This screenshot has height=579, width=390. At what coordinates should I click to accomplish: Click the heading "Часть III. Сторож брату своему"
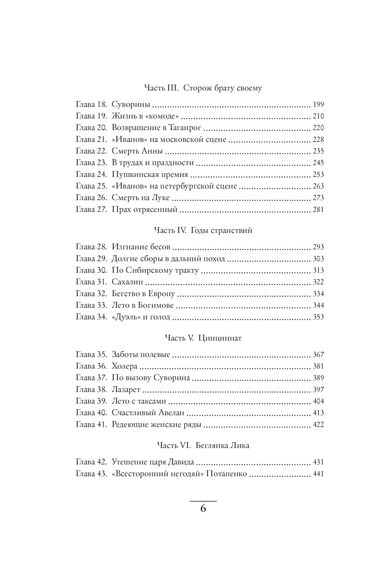pyautogui.click(x=203, y=88)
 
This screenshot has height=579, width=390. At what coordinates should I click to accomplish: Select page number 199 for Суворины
pyautogui.click(x=318, y=105)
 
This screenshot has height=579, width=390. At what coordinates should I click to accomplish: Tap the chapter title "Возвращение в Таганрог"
pyautogui.click(x=156, y=128)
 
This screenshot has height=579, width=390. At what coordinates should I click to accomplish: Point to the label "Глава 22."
pyautogui.click(x=91, y=151)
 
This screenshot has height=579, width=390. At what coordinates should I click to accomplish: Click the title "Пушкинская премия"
pyautogui.click(x=150, y=174)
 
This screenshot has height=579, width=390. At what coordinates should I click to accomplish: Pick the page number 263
pyautogui.click(x=318, y=186)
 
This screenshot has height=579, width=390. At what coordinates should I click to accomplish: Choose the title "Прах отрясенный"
pyautogui.click(x=144, y=209)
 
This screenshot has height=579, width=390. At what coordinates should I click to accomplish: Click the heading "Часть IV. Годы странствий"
pyautogui.click(x=203, y=230)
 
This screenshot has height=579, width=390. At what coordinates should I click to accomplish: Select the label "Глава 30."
pyautogui.click(x=91, y=270)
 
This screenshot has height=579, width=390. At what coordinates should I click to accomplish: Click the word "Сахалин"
pyautogui.click(x=127, y=282)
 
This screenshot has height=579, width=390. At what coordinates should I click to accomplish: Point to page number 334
pyautogui.click(x=318, y=294)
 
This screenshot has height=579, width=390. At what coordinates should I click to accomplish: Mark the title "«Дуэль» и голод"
pyautogui.click(x=141, y=317)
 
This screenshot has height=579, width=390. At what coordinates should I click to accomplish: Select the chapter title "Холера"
pyautogui.click(x=124, y=366)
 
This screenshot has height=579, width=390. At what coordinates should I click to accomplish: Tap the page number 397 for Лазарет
pyautogui.click(x=318, y=390)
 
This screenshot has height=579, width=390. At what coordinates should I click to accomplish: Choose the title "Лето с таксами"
pyautogui.click(x=139, y=401)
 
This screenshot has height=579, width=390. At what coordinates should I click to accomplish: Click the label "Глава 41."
pyautogui.click(x=91, y=424)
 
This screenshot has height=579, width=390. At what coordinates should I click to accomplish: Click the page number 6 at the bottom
pyautogui.click(x=203, y=509)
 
